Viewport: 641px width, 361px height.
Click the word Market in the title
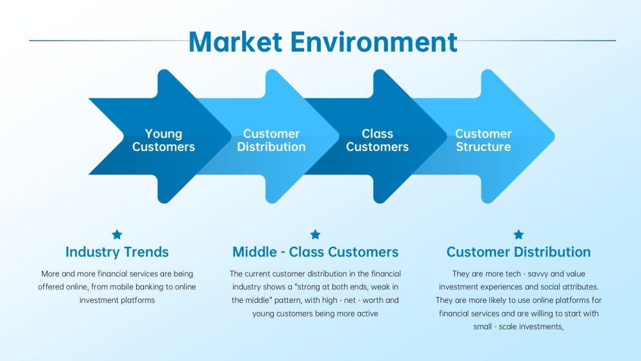click(x=236, y=42)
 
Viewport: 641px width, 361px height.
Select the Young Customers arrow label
click(x=163, y=140)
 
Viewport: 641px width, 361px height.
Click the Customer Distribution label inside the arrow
click(x=271, y=140)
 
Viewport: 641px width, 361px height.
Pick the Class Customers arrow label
click(x=377, y=140)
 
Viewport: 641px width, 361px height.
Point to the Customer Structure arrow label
click(x=483, y=140)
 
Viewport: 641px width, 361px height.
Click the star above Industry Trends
click(x=117, y=234)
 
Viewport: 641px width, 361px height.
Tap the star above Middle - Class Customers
click(x=315, y=234)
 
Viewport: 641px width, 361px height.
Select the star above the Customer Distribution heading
click(x=518, y=234)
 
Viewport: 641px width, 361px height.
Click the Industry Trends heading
click(x=117, y=252)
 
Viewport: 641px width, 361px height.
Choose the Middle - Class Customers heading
click(x=315, y=252)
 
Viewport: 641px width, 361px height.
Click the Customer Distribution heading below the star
click(x=518, y=252)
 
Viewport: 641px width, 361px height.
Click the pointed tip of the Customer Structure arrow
click(x=553, y=137)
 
